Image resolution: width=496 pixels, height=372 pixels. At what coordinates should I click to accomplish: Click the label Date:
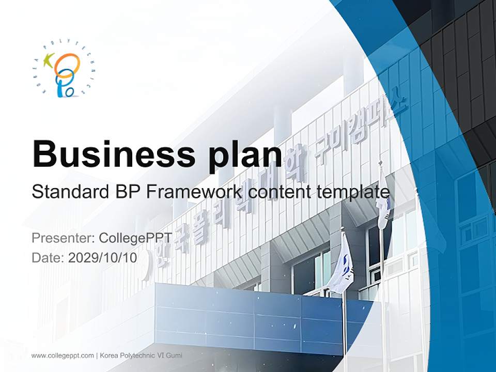[x=48, y=258]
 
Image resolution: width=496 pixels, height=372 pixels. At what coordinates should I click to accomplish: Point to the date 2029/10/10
[x=103, y=258]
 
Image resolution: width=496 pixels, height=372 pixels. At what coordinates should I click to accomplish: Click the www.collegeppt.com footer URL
[x=63, y=355]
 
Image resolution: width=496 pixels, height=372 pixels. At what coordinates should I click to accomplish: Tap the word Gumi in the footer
[x=174, y=355]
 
